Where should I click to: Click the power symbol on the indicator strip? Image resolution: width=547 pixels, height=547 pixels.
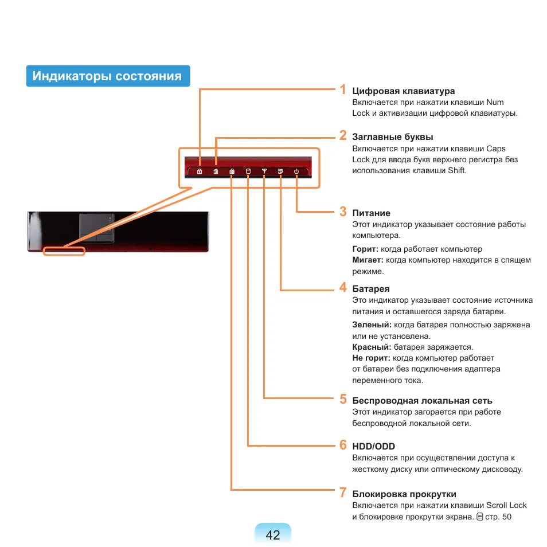[296, 171]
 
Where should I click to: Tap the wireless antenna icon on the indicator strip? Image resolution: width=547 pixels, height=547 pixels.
[264, 171]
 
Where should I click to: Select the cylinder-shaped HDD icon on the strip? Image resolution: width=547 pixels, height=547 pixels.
[248, 171]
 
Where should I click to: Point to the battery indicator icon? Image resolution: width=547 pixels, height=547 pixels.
[280, 171]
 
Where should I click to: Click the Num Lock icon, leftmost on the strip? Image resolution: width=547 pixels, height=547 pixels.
[199, 171]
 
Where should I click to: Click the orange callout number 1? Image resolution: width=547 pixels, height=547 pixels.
[342, 89]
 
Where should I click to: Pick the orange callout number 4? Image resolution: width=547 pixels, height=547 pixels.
[342, 288]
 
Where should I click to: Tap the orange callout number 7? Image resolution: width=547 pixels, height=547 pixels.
[342, 492]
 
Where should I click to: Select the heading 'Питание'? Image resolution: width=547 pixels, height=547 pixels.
[371, 213]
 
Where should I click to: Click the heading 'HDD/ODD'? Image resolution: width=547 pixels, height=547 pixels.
[373, 446]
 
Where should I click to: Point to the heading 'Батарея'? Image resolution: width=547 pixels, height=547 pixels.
[371, 289]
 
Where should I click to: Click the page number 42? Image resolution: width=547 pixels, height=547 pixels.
[273, 535]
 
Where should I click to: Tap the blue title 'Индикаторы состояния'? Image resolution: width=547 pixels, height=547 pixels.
[107, 76]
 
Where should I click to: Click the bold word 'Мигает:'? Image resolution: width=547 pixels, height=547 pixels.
[368, 260]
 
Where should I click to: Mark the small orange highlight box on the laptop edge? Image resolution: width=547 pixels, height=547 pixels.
[64, 251]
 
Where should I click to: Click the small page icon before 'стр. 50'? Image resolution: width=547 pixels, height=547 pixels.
[479, 517]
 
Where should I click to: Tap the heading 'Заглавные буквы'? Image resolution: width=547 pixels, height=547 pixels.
[392, 137]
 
